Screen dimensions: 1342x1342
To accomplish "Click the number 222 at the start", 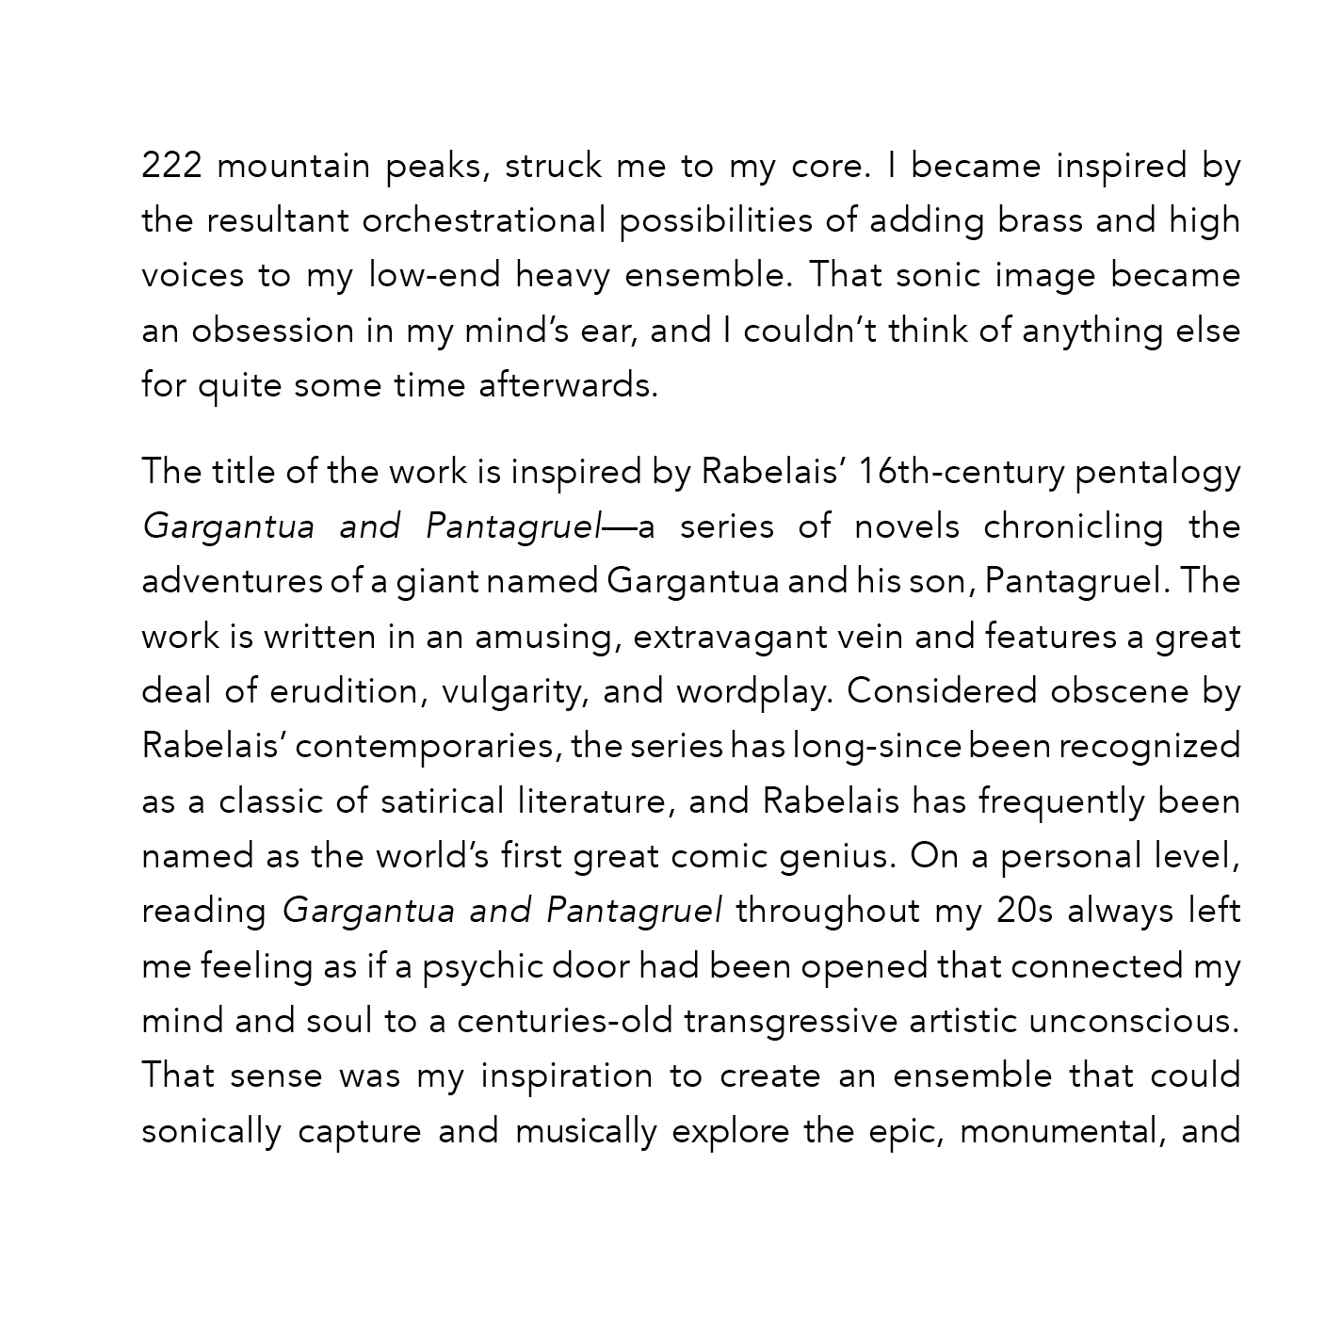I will point(171,166).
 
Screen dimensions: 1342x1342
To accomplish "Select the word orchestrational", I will point(484,220).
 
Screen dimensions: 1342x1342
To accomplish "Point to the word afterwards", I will point(567,386).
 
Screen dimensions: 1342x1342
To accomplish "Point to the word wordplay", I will point(754,692).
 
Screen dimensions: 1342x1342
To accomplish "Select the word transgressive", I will point(790,1022).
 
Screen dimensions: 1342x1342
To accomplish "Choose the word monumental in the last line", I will point(1059,1131).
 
